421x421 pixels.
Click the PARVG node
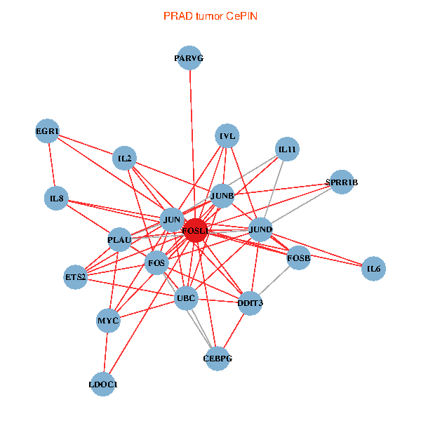coord(189,58)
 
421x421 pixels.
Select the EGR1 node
coord(47,131)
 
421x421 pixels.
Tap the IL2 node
coord(124,159)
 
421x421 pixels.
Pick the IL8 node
coord(56,199)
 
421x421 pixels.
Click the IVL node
coord(227,136)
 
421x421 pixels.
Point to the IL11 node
coord(287,149)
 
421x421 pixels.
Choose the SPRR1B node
coord(341,182)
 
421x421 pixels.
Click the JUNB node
coord(222,196)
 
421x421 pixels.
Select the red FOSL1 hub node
coord(194,230)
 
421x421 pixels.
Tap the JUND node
coord(260,229)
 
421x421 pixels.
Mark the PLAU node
coord(119,240)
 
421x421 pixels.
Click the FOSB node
coord(298,258)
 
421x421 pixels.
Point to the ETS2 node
coord(75,276)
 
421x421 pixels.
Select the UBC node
coord(186,298)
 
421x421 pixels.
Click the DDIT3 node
coord(250,303)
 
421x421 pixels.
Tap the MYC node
coord(107,321)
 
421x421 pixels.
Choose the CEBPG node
coord(217,359)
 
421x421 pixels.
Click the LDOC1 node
coord(103,385)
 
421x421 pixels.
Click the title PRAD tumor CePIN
coord(210,15)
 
